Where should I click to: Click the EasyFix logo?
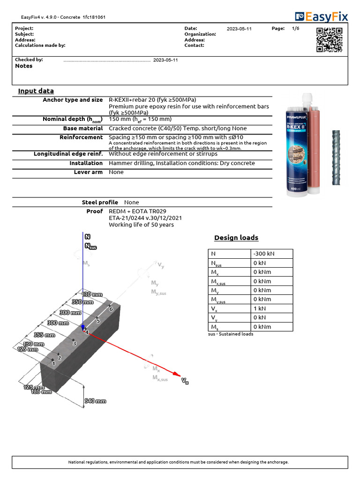coord(321,17)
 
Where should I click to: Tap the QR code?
coord(329,40)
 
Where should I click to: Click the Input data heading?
coord(36,91)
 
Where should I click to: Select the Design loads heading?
coord(236,238)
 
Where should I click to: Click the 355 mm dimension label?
coord(44,335)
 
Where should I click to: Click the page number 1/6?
coord(295,29)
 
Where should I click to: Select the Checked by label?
coord(29,60)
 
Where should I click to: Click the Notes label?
coord(24,66)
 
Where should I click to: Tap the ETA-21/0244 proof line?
coord(145,218)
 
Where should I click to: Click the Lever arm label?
coord(88,172)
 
